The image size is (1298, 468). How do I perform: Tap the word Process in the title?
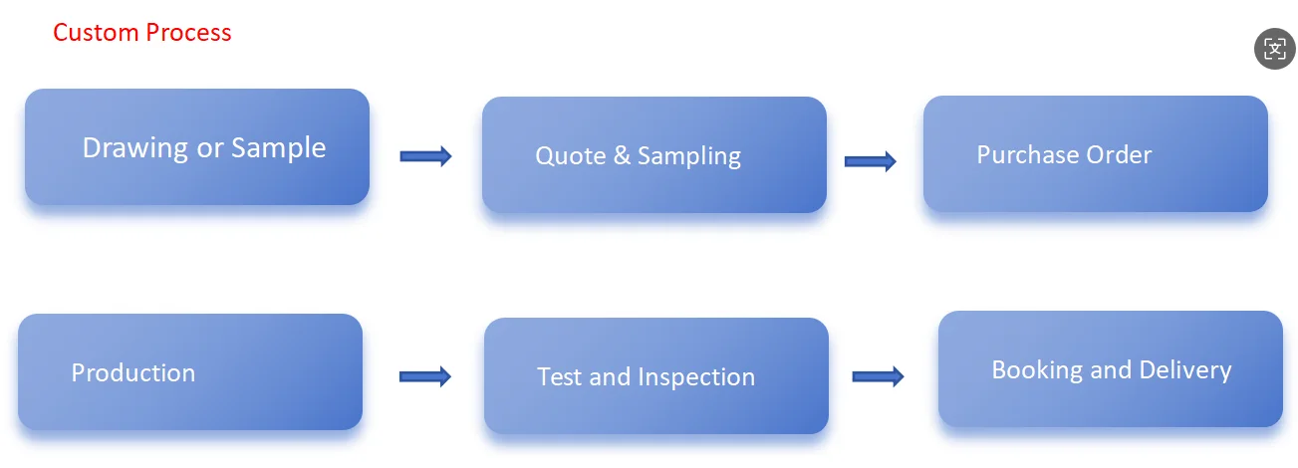click(x=188, y=32)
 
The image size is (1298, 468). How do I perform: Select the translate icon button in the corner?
click(x=1275, y=49)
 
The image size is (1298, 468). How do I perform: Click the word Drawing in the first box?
click(x=135, y=148)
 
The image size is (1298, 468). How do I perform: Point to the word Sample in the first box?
click(x=278, y=148)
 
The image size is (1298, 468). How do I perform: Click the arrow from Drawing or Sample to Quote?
click(x=425, y=156)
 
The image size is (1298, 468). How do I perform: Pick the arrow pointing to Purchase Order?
click(x=870, y=161)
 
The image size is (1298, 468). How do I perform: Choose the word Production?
click(x=133, y=373)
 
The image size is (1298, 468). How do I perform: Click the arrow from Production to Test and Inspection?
click(x=425, y=376)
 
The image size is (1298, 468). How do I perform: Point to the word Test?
click(x=559, y=377)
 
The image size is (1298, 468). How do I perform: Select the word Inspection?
click(x=696, y=378)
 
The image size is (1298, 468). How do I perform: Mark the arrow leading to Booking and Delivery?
click(x=878, y=376)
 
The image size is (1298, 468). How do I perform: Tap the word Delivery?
click(x=1185, y=370)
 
